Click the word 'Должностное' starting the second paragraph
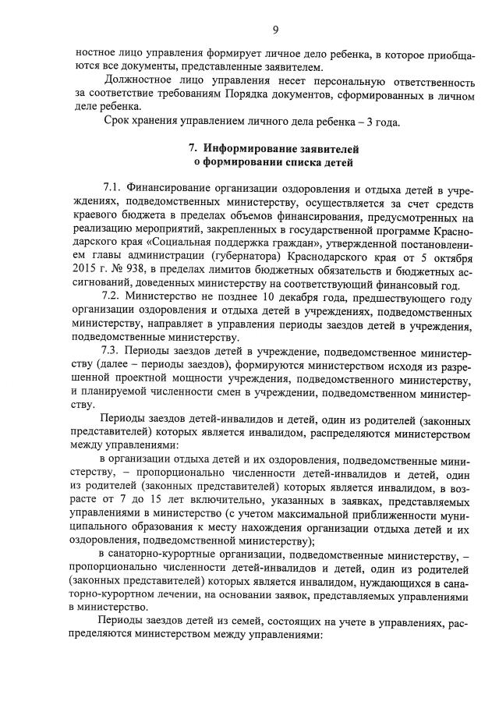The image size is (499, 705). (137, 80)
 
